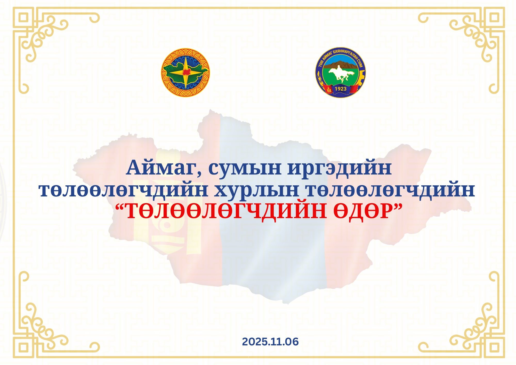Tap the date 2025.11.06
[270, 342]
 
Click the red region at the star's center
[186, 72]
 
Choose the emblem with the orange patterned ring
[186, 72]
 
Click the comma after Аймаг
[200, 175]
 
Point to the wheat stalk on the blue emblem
[319, 77]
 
